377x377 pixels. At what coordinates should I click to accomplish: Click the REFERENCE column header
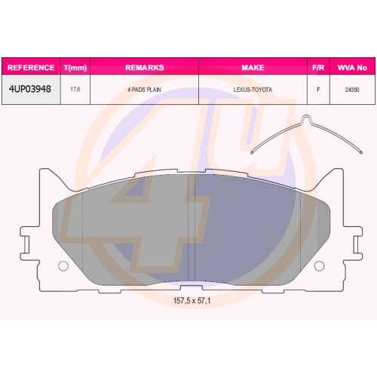[31, 67]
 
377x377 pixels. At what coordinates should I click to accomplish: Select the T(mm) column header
[75, 68]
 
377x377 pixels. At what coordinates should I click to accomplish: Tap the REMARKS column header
[145, 67]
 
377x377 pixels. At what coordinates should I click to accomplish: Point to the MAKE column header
[253, 67]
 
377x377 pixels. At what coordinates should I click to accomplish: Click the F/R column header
[318, 67]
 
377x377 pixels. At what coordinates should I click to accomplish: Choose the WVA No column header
[352, 67]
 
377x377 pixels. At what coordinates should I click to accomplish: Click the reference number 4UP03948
[30, 89]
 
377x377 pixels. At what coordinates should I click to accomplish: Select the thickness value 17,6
[75, 89]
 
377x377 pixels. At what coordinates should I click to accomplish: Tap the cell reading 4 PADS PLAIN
[144, 90]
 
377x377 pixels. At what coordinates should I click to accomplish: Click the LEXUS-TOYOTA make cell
[253, 90]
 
